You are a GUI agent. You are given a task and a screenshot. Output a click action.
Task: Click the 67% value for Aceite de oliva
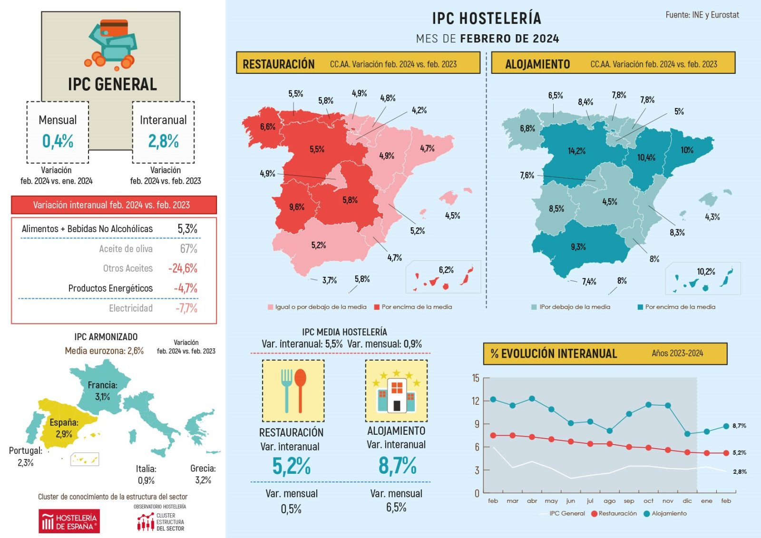click(188, 249)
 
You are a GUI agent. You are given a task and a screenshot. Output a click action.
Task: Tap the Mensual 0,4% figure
click(58, 141)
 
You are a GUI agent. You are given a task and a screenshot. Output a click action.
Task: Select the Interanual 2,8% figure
click(163, 141)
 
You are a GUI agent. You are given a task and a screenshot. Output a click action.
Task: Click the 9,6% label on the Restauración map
click(297, 207)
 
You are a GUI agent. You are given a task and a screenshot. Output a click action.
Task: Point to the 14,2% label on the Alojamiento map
click(576, 151)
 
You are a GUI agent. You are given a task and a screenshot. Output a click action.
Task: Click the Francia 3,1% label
click(103, 391)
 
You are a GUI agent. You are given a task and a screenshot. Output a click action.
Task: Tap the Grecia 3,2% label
click(203, 474)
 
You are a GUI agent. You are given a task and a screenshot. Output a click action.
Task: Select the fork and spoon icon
click(293, 391)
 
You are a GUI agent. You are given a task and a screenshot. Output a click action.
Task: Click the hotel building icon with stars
click(396, 391)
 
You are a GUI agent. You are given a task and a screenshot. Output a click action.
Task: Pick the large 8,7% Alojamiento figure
click(397, 465)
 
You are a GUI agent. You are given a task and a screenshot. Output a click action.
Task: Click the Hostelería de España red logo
click(69, 521)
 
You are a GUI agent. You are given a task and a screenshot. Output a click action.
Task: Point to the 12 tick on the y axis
click(476, 401)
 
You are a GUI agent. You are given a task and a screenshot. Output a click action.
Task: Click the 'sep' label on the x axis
click(629, 501)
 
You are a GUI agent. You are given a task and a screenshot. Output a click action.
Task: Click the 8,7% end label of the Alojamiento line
click(739, 426)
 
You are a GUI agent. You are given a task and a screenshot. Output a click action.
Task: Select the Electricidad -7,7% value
click(186, 308)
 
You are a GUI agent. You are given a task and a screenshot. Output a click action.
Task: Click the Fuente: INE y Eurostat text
click(702, 15)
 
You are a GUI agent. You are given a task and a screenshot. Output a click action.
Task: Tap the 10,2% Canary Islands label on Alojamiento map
click(706, 272)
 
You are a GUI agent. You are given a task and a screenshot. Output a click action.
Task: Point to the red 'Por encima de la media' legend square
click(377, 307)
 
